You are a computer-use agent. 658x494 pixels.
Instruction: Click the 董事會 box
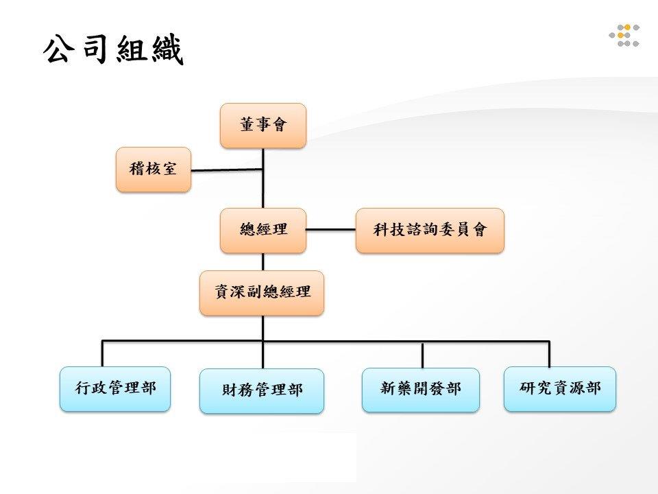(x=263, y=126)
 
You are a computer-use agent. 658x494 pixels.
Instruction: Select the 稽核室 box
(x=154, y=169)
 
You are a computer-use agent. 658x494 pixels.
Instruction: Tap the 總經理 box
(x=263, y=231)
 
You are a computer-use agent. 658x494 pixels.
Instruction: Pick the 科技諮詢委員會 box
(x=430, y=231)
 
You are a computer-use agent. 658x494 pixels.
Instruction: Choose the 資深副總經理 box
(x=262, y=293)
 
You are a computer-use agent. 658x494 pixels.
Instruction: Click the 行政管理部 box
(x=115, y=388)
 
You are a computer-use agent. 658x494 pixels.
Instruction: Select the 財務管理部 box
(x=262, y=391)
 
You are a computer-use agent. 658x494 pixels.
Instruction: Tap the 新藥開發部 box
(x=420, y=390)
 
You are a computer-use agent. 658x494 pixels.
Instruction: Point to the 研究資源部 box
(x=560, y=388)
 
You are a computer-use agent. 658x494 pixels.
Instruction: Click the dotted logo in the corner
(x=624, y=35)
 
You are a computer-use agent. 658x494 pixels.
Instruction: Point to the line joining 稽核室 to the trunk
(x=227, y=170)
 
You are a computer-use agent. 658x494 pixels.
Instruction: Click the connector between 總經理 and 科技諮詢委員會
(x=330, y=230)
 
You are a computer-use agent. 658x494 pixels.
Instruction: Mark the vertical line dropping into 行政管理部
(x=102, y=354)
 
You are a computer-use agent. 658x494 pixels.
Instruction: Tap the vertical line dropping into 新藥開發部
(x=423, y=355)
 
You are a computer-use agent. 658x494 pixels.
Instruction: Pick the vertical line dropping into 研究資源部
(x=549, y=354)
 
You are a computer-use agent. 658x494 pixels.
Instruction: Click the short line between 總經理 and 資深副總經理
(x=263, y=261)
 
